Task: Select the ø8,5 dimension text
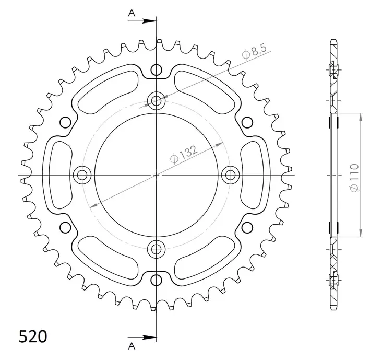[x=254, y=52]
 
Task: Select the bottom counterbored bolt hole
[x=156, y=249]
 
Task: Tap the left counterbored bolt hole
[x=81, y=175]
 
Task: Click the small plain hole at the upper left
[x=65, y=122]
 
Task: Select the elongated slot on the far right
[x=253, y=175]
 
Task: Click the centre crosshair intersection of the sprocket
[x=156, y=175]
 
